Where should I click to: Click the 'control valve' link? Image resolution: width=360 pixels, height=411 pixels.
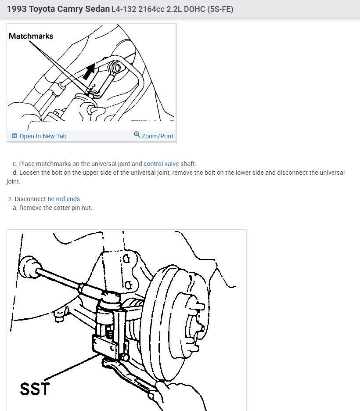coord(161,164)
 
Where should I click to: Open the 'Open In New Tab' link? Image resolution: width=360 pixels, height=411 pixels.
coord(43,136)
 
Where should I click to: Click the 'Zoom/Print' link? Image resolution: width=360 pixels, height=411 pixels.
coord(157,136)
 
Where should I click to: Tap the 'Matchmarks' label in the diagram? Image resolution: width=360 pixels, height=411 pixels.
coord(31,36)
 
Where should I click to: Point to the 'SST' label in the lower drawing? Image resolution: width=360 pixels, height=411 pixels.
coord(35,389)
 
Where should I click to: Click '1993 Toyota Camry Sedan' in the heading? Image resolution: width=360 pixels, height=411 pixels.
coord(58,8)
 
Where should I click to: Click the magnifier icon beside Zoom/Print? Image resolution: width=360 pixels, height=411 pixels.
coord(137,135)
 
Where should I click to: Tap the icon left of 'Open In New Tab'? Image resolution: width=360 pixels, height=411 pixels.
coord(14,136)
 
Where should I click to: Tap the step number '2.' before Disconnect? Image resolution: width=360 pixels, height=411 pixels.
coord(11,199)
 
